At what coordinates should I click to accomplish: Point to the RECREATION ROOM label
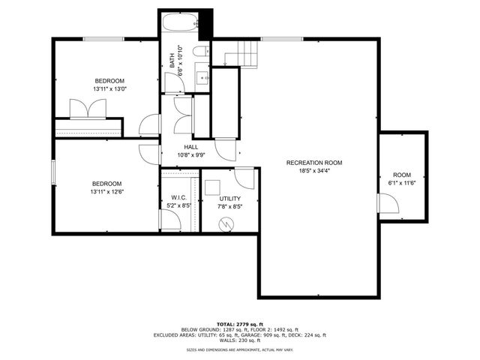point(314,163)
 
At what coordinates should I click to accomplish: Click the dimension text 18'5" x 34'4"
point(314,171)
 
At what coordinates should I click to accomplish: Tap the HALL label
point(190,147)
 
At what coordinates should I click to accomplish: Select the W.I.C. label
point(178,198)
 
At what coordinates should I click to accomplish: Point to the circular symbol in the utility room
point(224,223)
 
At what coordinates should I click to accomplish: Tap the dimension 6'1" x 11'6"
point(402,182)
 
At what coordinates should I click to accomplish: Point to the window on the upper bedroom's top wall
point(103,38)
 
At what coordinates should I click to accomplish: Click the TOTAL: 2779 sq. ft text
point(241,323)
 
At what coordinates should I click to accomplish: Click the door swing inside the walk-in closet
point(169,219)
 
